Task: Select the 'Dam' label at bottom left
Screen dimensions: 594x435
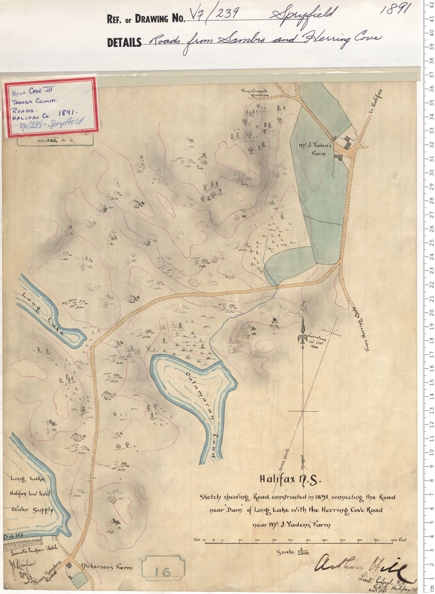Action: [x=14, y=536]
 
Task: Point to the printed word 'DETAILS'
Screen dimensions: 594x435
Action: [x=124, y=43]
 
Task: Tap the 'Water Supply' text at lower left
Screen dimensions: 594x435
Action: [x=33, y=510]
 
